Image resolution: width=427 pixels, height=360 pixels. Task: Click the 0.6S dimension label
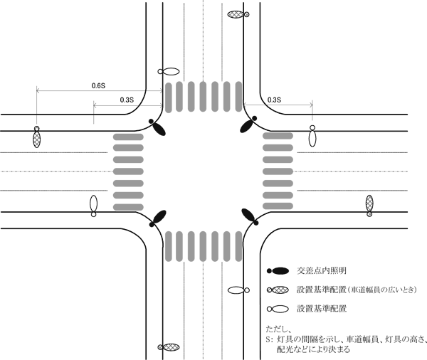(98, 85)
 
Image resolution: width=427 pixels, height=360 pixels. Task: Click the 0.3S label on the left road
(129, 100)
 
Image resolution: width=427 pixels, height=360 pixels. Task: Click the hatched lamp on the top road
(237, 14)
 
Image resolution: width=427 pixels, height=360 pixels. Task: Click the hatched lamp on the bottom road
(168, 348)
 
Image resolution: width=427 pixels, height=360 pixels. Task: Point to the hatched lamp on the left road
(36, 137)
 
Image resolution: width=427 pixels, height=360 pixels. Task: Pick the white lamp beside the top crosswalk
(170, 72)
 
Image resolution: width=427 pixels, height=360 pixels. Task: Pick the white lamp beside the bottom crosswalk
(238, 291)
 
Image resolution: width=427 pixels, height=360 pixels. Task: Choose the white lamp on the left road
(93, 205)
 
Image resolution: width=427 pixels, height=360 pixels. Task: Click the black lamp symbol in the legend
(278, 272)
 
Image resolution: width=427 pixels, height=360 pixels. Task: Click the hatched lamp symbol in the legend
(278, 290)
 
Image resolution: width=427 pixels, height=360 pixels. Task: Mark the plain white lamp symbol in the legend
(278, 309)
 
